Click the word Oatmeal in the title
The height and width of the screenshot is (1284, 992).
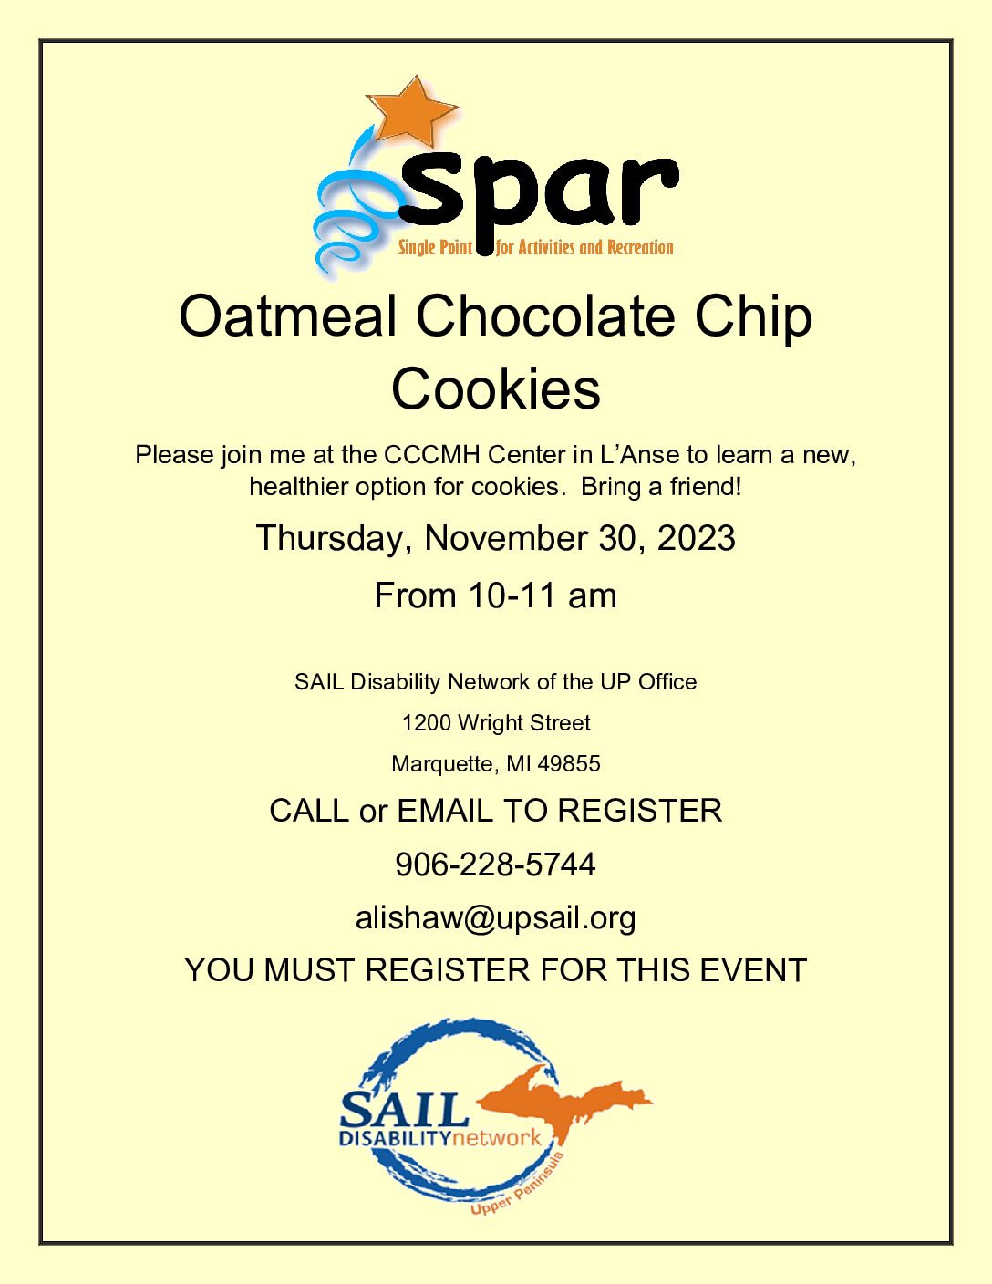[x=288, y=317]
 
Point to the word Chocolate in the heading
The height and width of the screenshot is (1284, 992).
[x=545, y=317]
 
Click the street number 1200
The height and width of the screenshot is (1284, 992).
[x=427, y=722]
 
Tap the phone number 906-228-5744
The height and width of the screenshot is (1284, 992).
[x=495, y=865]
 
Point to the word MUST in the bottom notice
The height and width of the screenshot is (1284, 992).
[x=310, y=970]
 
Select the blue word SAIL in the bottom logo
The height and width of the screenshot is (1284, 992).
[x=404, y=1110]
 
